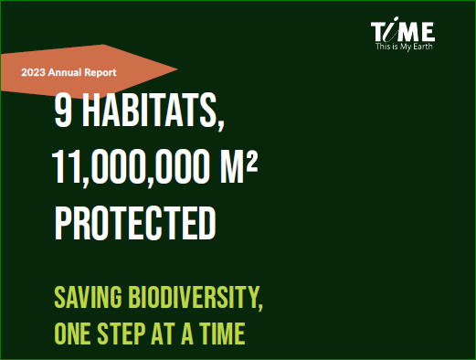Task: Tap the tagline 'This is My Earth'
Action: click(x=404, y=47)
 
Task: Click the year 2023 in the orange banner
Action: click(x=33, y=72)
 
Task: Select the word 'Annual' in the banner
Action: click(x=65, y=72)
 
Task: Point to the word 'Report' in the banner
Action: click(x=100, y=72)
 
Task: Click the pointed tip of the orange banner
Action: click(x=177, y=69)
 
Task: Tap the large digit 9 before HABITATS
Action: click(x=63, y=111)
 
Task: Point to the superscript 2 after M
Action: click(x=252, y=163)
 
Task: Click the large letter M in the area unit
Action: click(x=232, y=167)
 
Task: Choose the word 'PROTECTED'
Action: click(x=135, y=223)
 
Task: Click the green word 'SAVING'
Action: click(x=88, y=297)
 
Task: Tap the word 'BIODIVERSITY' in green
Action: click(x=193, y=297)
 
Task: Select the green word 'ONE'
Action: click(x=72, y=334)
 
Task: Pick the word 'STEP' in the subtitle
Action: click(x=122, y=334)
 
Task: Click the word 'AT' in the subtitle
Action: click(x=164, y=334)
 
